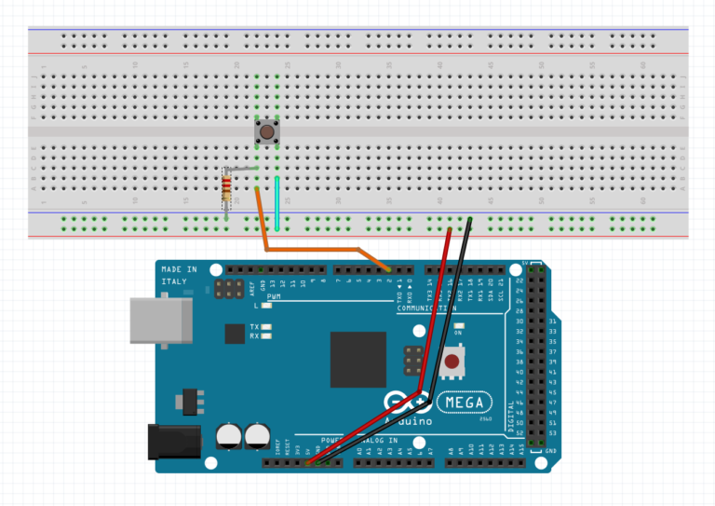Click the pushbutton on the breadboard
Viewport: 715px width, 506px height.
pos(267,133)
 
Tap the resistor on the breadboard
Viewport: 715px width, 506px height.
pos(226,188)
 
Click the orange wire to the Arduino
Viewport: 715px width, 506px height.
pos(317,250)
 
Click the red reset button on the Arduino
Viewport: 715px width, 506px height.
pos(453,361)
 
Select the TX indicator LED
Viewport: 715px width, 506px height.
pos(267,327)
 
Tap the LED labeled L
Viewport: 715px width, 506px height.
pos(266,305)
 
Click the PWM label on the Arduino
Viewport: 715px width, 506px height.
pos(274,294)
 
